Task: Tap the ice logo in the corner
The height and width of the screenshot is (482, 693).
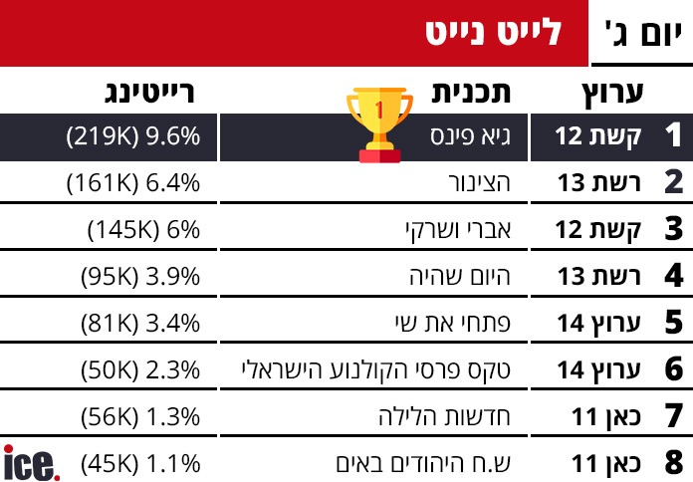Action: [31, 463]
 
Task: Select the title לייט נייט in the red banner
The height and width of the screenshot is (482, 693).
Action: [492, 34]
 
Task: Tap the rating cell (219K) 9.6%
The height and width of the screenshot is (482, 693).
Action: [134, 137]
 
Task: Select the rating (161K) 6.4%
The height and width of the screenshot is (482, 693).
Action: [134, 182]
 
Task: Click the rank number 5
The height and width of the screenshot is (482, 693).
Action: [673, 322]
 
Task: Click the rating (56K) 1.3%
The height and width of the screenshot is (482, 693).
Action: [140, 415]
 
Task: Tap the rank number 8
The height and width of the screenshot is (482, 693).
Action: [673, 462]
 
